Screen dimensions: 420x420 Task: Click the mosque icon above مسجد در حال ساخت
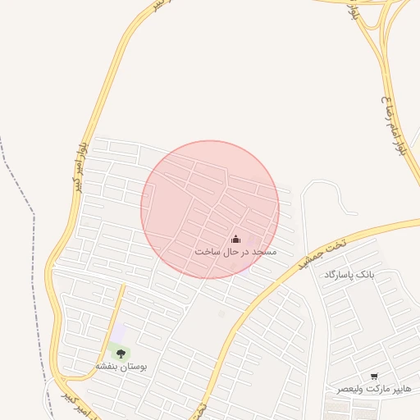point(236,239)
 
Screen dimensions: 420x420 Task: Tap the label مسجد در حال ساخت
point(235,251)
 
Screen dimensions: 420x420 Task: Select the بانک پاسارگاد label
point(349,273)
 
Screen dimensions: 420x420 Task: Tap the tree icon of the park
point(121,354)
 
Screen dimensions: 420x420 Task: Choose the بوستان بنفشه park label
point(121,366)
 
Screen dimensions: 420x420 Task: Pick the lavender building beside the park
point(120,332)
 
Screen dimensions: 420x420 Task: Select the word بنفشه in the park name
point(107,366)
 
